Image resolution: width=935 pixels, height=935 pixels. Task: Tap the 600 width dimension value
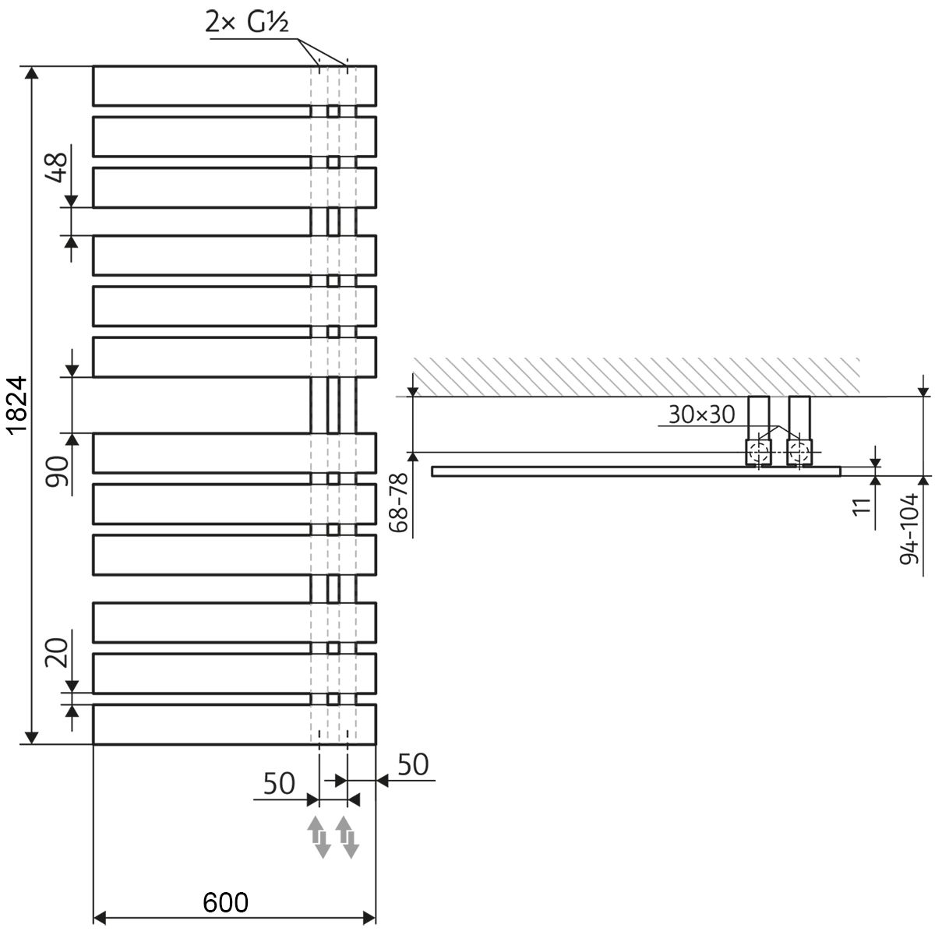click(226, 901)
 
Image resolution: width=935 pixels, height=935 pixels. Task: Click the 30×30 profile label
click(701, 415)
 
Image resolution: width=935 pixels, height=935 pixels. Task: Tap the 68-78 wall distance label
click(397, 505)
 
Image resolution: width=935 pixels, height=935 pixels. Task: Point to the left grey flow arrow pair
click(318, 837)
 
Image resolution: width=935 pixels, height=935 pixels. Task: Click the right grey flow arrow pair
click(347, 837)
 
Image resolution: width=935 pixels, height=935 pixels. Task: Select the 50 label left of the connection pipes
click(279, 783)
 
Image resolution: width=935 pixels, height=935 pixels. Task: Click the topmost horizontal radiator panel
click(234, 86)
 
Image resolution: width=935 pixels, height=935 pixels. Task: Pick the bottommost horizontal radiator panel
click(234, 725)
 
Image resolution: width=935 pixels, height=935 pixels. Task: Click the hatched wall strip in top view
click(635, 376)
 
